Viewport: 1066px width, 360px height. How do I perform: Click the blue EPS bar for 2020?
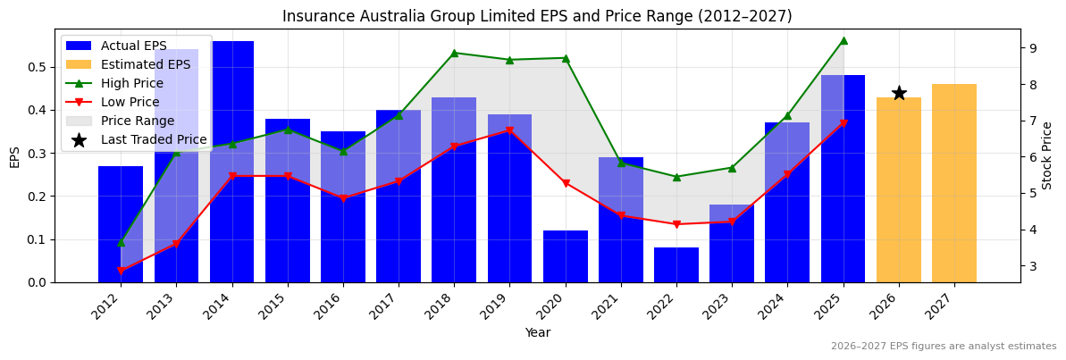point(566,256)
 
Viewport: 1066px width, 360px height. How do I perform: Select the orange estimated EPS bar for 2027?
point(954,183)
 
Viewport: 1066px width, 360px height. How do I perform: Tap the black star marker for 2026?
point(899,93)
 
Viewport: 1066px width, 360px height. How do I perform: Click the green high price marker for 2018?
point(454,53)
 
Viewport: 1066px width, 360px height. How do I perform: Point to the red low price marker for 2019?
point(509,130)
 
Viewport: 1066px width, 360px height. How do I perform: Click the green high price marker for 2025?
point(844,40)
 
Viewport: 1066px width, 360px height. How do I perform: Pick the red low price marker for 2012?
point(121,271)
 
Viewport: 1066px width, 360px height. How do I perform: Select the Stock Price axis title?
point(1047,155)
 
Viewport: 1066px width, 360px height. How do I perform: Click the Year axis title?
point(537,332)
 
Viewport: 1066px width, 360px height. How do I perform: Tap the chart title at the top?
point(537,16)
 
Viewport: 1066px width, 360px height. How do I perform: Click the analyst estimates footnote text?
point(944,347)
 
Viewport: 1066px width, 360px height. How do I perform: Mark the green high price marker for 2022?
point(676,177)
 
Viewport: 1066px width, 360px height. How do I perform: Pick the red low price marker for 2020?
point(566,183)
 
